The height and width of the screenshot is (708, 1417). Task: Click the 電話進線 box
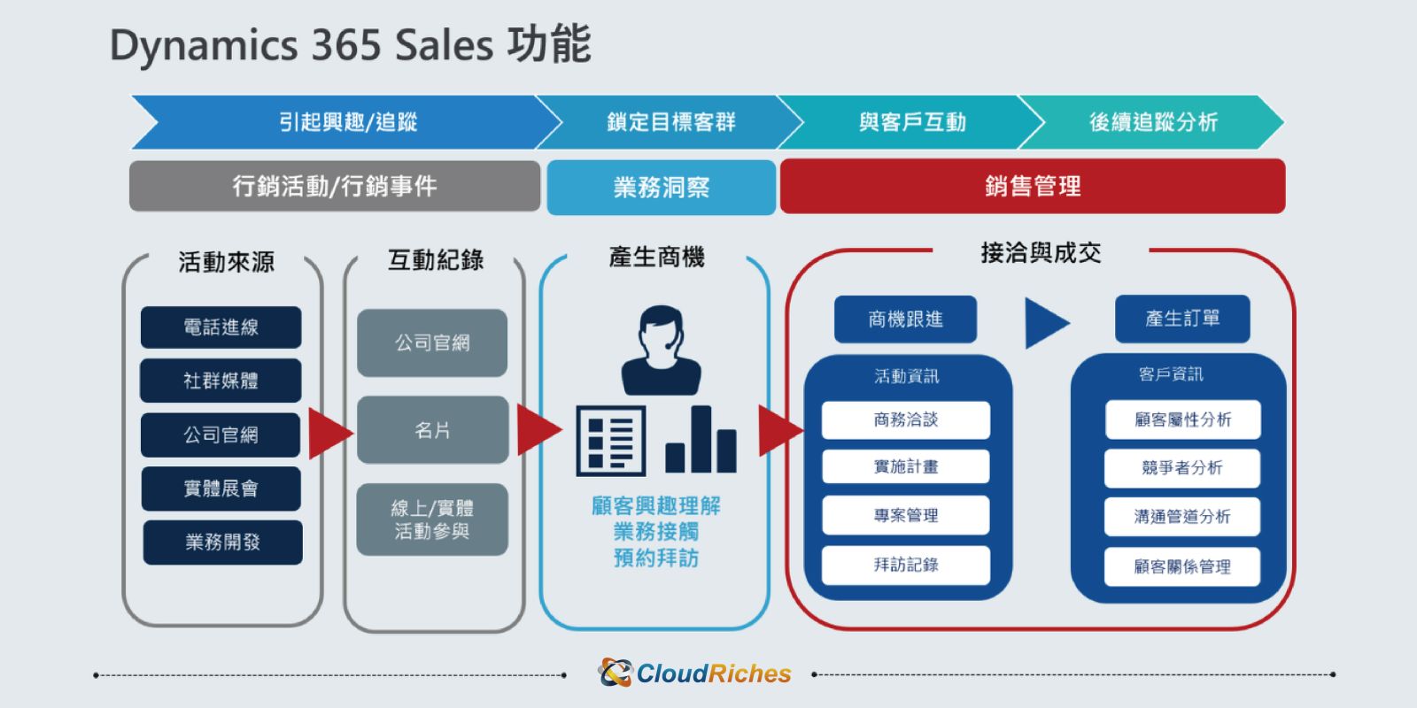click(x=221, y=327)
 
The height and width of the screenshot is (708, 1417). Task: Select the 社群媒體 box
click(x=221, y=381)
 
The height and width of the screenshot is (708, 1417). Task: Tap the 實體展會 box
click(x=221, y=488)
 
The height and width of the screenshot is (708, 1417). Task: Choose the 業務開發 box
click(x=222, y=542)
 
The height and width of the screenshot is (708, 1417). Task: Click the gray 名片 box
click(x=433, y=430)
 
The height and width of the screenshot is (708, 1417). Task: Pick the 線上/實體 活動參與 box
click(x=432, y=519)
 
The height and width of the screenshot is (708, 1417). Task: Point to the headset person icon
click(x=661, y=350)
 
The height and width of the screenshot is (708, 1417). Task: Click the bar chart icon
click(x=701, y=439)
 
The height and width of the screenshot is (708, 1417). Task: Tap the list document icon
click(x=611, y=440)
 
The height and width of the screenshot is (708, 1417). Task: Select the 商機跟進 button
click(x=905, y=319)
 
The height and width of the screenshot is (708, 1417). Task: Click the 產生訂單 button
click(x=1182, y=319)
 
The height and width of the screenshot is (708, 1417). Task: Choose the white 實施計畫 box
click(x=906, y=466)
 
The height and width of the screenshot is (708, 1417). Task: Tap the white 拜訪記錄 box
click(x=906, y=565)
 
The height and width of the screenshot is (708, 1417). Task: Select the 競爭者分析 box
click(x=1182, y=468)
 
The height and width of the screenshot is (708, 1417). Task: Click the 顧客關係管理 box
click(x=1182, y=566)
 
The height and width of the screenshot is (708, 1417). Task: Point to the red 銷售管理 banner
click(x=1033, y=186)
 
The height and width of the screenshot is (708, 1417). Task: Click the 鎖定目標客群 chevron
click(x=670, y=122)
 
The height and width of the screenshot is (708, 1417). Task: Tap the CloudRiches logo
click(x=694, y=673)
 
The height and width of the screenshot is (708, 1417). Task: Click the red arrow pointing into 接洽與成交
click(x=780, y=430)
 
